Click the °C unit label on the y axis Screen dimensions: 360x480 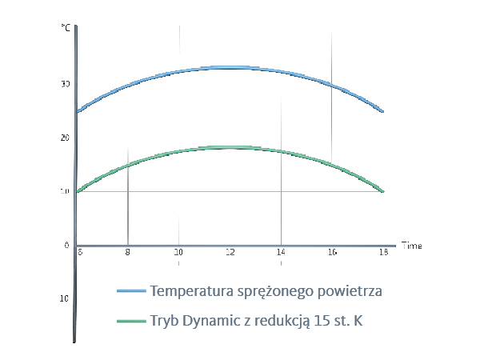[x=65, y=28]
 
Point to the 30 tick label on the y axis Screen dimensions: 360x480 [x=66, y=84]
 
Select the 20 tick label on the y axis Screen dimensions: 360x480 [x=66, y=138]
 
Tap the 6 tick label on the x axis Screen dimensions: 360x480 [x=80, y=252]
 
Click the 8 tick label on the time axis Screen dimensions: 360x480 [x=128, y=252]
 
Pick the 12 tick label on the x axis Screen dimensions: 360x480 [x=230, y=252]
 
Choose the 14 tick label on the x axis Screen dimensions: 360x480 [x=281, y=252]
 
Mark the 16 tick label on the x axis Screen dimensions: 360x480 [x=332, y=252]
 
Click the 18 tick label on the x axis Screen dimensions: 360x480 [x=383, y=252]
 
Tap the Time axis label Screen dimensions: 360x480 [x=411, y=245]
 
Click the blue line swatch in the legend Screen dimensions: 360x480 [x=132, y=290]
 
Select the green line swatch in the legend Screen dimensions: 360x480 [x=132, y=322]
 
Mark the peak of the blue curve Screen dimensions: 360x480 [x=230, y=67]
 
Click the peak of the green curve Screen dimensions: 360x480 [x=230, y=147]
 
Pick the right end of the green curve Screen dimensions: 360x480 [x=383, y=192]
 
